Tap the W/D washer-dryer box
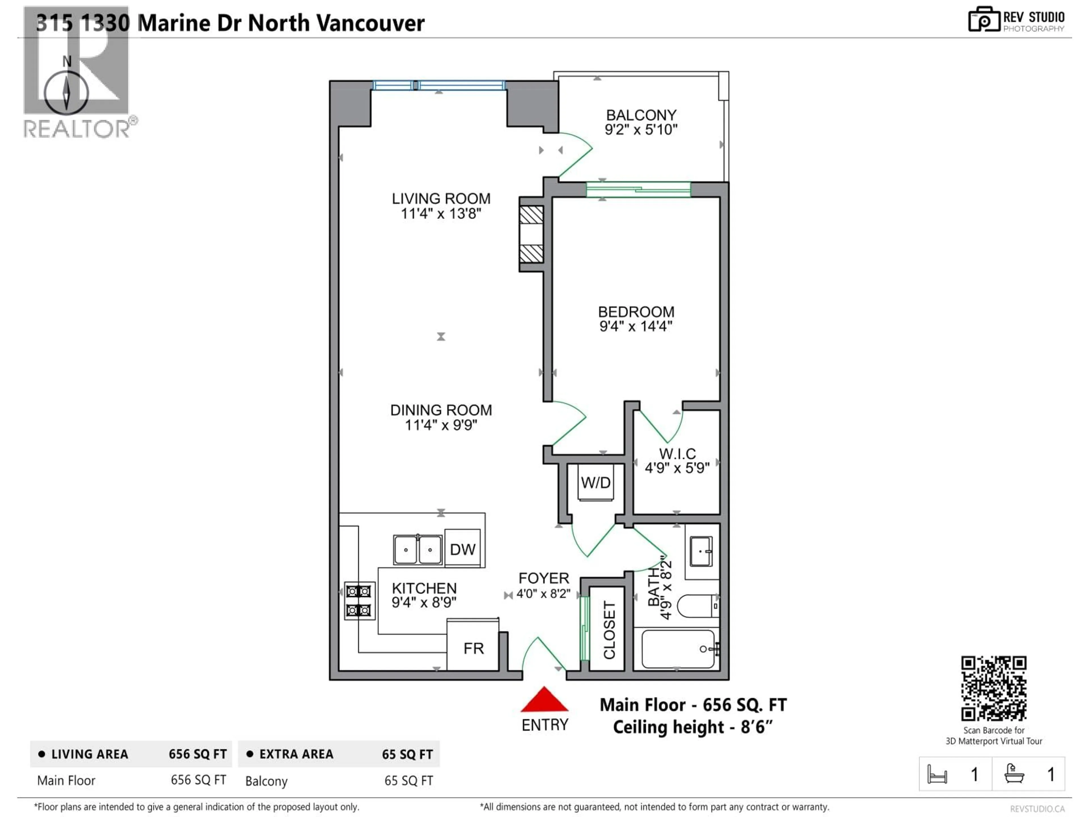596,483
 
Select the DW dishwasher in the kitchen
462,549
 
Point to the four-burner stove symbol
359,601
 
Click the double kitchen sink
417,549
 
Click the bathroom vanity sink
701,551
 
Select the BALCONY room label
641,115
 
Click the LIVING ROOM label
441,199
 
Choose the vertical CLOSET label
609,630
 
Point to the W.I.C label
678,454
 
